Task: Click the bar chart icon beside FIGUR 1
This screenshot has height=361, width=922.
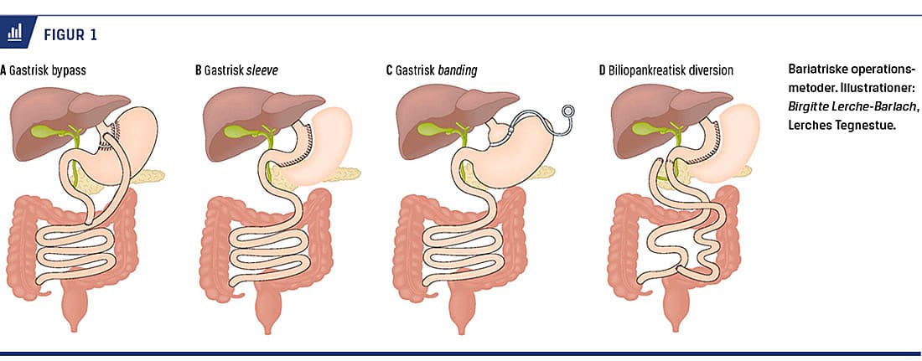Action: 15,33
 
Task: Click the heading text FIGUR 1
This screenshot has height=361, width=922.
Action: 70,34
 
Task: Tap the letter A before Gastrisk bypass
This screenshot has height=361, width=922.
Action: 3,71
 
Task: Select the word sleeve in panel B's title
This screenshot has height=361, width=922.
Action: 262,71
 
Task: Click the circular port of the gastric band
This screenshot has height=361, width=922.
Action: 570,110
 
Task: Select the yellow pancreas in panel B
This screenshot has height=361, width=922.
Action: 339,174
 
